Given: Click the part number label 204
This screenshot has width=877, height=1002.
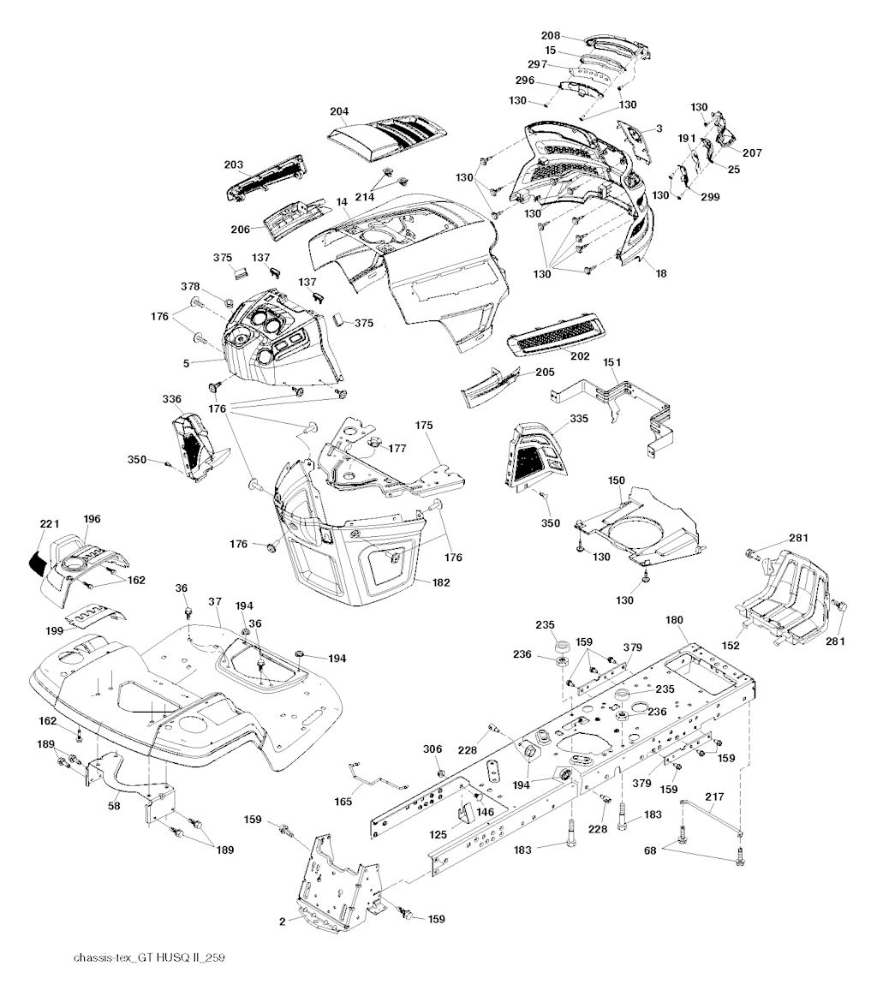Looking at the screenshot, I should point(339,110).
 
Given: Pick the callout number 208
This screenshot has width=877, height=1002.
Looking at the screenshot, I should point(551,35).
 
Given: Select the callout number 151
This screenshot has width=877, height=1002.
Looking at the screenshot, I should point(612,363).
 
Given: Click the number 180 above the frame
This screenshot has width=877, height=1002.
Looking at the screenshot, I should point(676,619).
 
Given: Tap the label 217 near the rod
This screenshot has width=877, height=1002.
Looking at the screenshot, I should point(714,796).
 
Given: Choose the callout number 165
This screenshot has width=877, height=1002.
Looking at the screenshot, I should point(343,801).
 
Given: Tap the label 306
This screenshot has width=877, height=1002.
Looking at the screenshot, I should point(433,749).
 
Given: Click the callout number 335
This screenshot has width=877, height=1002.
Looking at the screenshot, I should point(579,419).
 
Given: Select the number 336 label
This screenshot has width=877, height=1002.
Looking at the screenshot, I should point(171,399).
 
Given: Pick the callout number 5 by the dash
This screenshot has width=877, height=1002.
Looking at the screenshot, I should point(186,363).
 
